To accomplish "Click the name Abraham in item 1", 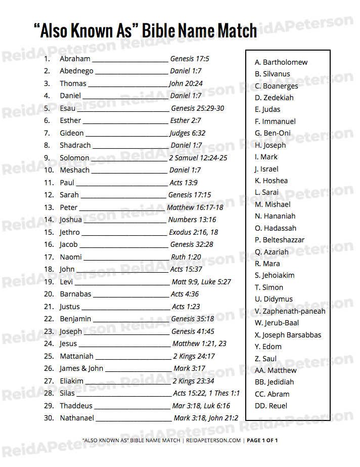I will coord(75,59).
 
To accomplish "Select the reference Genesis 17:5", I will coord(190,59).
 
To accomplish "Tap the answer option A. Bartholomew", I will coord(281,62).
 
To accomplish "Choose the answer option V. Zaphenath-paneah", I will coord(290,311).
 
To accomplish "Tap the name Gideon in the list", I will coord(72,133).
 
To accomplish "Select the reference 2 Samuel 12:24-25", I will coord(198,158).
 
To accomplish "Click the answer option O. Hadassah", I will coord(276,228).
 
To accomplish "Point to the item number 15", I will coord(49,232).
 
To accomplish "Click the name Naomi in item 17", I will coord(71,257).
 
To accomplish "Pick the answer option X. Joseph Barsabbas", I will coord(288,335).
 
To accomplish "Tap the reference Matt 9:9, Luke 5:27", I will coord(201,282).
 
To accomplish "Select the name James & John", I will coord(81,368).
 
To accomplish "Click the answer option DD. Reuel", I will coord(271,406).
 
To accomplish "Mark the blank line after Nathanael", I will coord(133,420).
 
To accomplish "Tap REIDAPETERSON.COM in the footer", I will coord(213,440).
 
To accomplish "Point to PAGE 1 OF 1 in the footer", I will coord(262,440).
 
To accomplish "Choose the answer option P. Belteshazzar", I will coord(280,240).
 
